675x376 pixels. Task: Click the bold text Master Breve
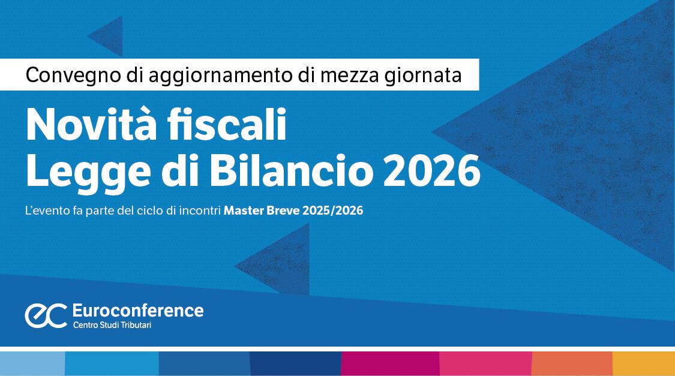pyautogui.click(x=262, y=211)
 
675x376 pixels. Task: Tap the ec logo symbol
pyautogui.click(x=46, y=315)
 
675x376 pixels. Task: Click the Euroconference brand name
pyautogui.click(x=137, y=310)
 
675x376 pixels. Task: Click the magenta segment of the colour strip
pyautogui.click(x=390, y=363)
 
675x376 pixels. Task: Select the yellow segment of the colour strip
pyautogui.click(x=643, y=363)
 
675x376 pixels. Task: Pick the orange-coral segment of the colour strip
pyautogui.click(x=572, y=363)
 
